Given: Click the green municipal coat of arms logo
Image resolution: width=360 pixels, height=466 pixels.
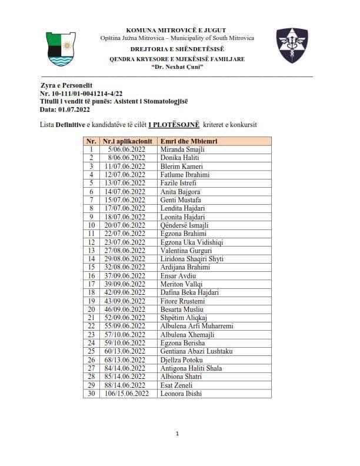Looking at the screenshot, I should pyautogui.click(x=61, y=49).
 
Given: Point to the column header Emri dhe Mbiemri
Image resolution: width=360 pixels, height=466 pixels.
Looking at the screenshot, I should pyautogui.click(x=186, y=141).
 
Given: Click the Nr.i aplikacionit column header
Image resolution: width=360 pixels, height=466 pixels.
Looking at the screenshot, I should pyautogui.click(x=128, y=141).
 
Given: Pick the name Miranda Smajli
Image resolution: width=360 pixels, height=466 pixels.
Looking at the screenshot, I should pyautogui.click(x=182, y=149).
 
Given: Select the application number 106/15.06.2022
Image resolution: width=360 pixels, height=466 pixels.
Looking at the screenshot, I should pyautogui.click(x=125, y=393).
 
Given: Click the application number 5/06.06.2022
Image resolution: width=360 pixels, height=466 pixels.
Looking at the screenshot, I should pyautogui.click(x=126, y=149).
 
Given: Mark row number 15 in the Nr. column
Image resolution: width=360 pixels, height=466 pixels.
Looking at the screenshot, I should pyautogui.click(x=91, y=267).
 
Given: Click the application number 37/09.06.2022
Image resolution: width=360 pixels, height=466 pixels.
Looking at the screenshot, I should pyautogui.click(x=125, y=275).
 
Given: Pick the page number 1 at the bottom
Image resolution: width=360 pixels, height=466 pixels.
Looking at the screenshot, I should pyautogui.click(x=177, y=434).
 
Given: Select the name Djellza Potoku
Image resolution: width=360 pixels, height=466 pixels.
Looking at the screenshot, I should pyautogui.click(x=182, y=360).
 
